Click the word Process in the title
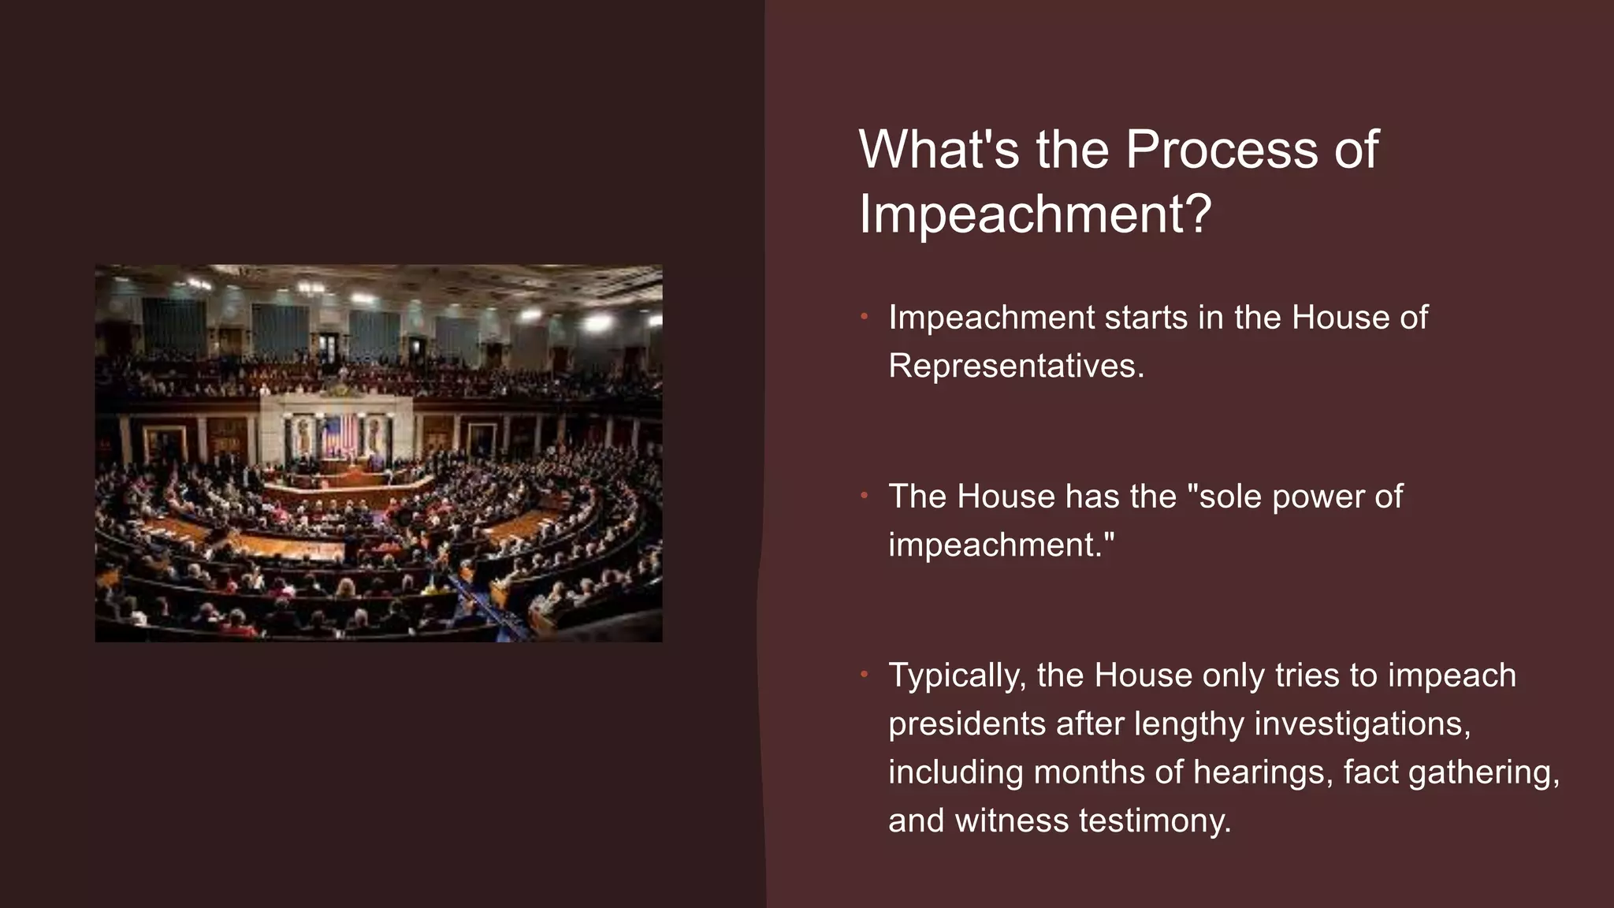coord(1222,149)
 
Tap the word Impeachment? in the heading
coord(1035,214)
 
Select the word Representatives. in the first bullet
coord(1016,366)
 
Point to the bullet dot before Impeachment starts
coord(864,318)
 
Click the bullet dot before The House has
coord(864,497)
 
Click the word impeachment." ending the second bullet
coord(1002,545)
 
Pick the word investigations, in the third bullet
coord(1362,724)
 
